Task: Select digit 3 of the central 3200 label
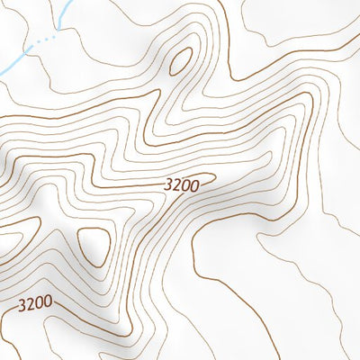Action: click(x=168, y=186)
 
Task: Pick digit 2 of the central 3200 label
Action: click(x=175, y=184)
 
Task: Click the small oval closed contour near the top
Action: click(x=180, y=58)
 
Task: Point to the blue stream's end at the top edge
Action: click(x=71, y=2)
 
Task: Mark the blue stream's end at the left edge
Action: click(x=2, y=73)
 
